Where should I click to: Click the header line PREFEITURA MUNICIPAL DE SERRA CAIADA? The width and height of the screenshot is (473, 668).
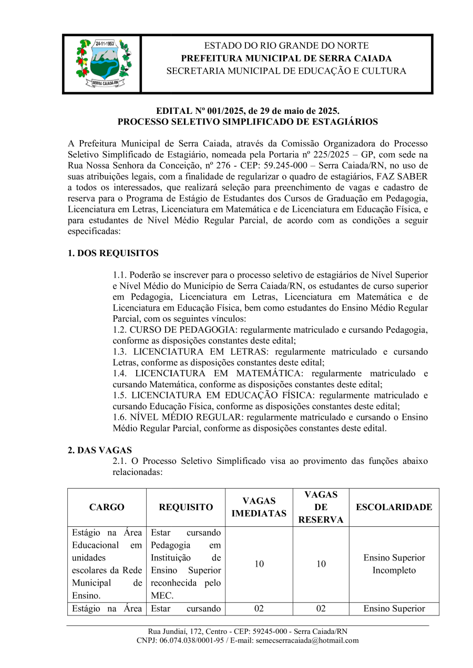click(286, 58)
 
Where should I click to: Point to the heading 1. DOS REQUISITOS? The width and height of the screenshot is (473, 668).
click(113, 253)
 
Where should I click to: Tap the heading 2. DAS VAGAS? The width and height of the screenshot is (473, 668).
click(100, 450)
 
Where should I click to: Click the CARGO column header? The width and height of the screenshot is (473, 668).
click(107, 507)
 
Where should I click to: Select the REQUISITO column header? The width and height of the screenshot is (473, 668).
click(186, 507)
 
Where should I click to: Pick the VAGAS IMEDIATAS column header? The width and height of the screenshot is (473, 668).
click(259, 507)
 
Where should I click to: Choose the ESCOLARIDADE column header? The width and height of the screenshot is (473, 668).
click(394, 507)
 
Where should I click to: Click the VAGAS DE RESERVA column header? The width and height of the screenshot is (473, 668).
click(321, 507)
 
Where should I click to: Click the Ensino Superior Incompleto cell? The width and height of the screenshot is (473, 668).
click(394, 564)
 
